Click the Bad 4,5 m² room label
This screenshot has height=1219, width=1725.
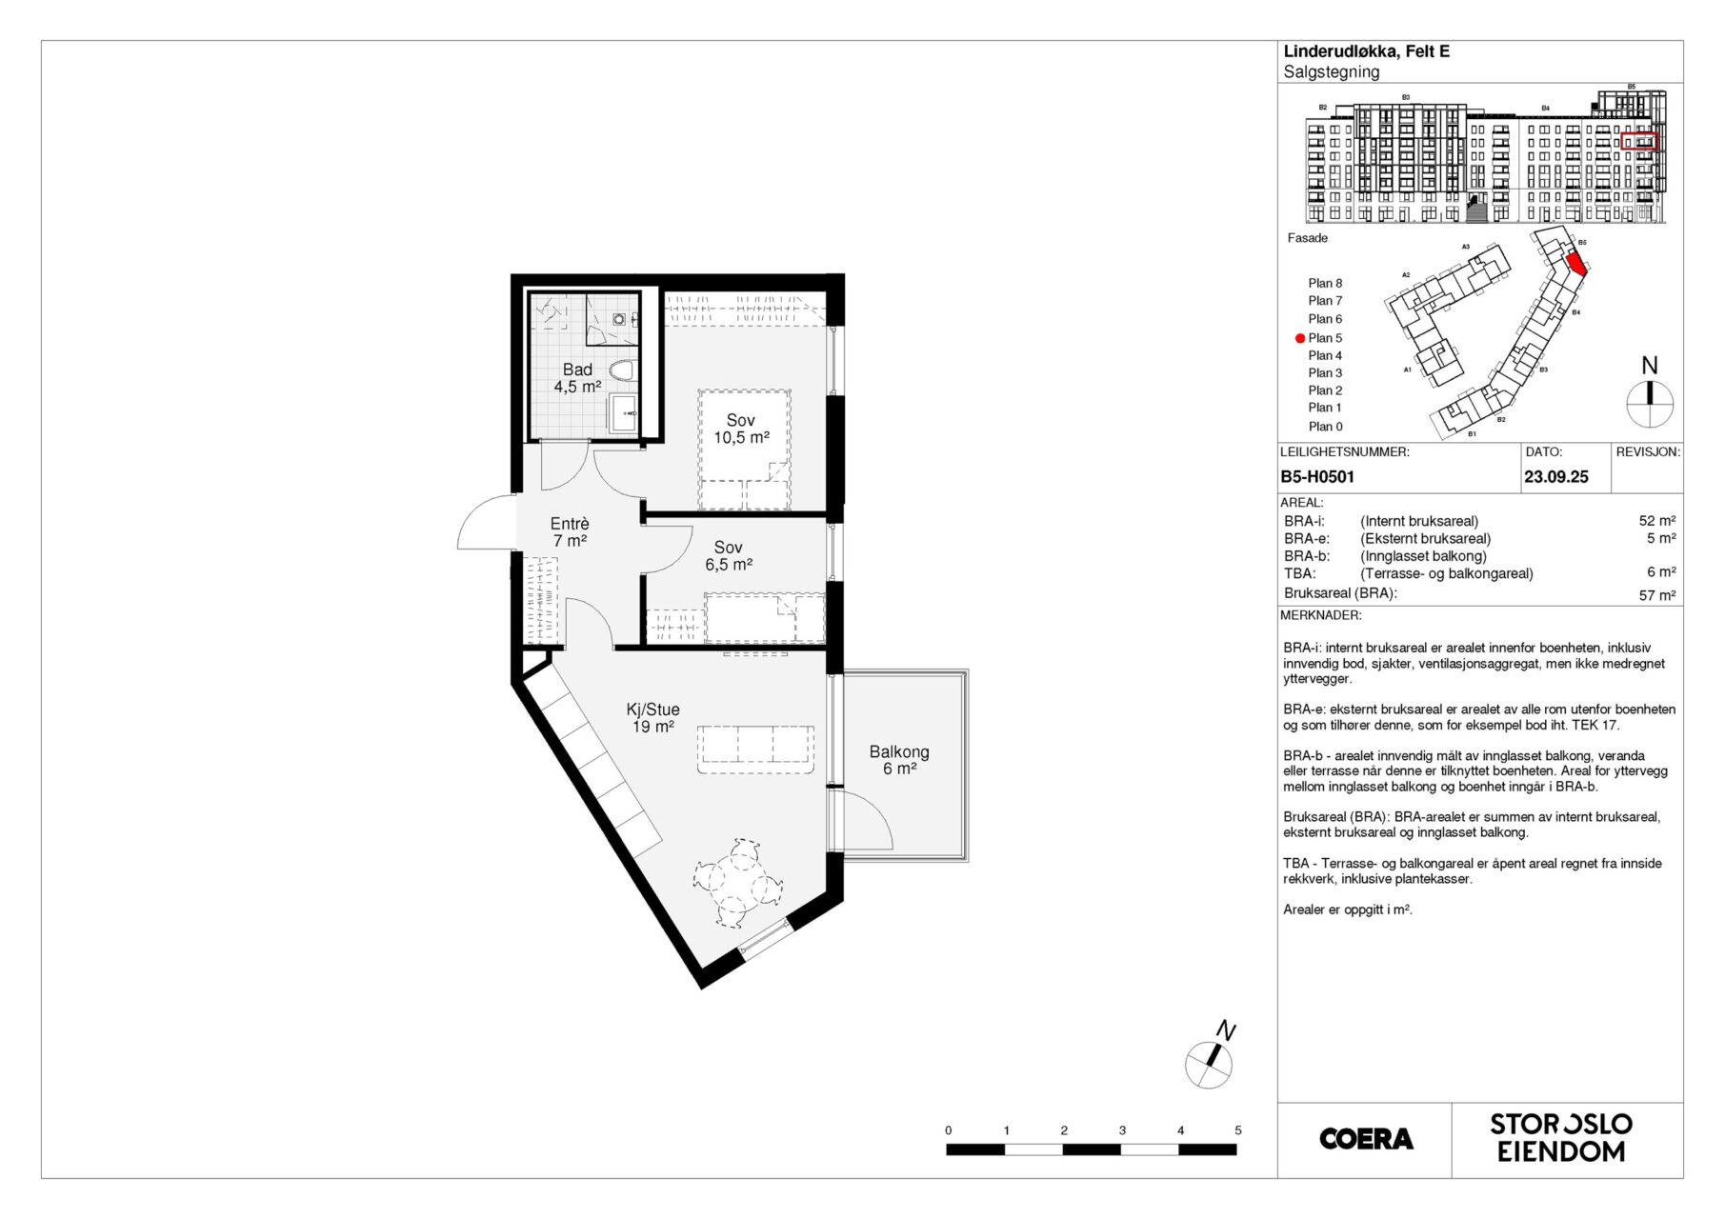577,378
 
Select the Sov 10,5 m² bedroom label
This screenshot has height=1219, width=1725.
741,429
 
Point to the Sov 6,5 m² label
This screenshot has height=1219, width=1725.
729,556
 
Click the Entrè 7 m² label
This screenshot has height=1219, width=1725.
570,532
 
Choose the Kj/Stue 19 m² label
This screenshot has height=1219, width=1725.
652,718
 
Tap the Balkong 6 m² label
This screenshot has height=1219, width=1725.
899,760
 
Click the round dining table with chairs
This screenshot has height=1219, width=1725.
738,883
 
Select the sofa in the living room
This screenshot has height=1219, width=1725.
755,749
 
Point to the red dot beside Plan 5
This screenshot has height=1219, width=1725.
1299,338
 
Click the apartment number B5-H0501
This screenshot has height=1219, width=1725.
1317,477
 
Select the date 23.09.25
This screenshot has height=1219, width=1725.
1556,477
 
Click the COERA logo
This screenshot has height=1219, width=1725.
1366,1139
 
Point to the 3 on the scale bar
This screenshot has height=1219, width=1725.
1122,1130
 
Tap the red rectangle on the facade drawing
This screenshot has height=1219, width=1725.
1639,141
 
